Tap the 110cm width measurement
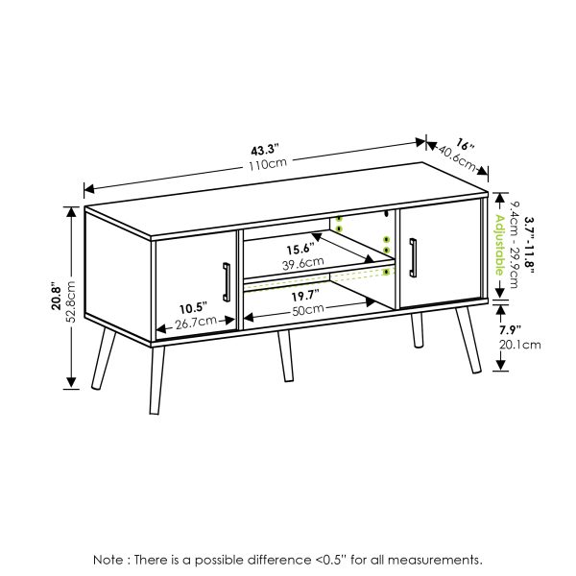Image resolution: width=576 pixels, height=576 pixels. (269, 165)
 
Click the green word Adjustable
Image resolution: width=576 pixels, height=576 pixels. (499, 245)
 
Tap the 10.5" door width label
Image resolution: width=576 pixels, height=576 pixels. (192, 308)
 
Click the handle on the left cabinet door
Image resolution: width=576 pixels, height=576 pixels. (226, 284)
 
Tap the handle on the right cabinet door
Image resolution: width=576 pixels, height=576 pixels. (413, 256)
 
